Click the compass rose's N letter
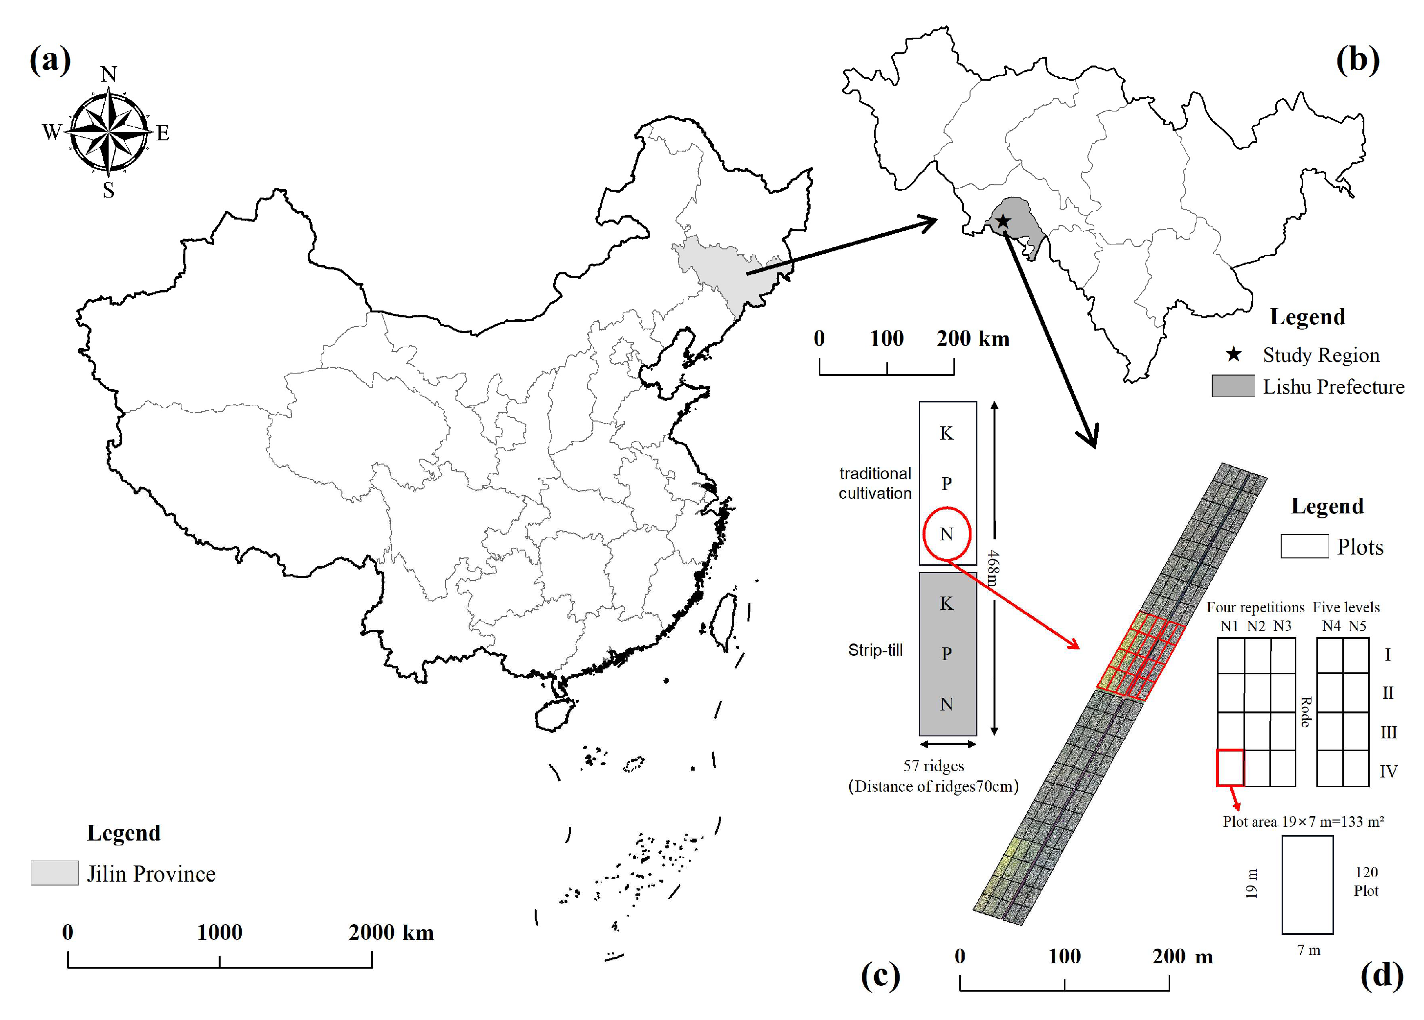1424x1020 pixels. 109,74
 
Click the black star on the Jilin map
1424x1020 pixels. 1003,221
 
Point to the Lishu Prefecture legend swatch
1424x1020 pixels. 1233,386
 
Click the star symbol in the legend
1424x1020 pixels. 1233,355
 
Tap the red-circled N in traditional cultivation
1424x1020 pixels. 946,534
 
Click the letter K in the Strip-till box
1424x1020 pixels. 946,604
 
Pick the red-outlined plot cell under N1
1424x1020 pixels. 1229,767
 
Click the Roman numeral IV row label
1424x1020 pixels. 1388,771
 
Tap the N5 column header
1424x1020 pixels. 1357,626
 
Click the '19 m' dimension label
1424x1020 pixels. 1251,883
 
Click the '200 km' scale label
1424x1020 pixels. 972,339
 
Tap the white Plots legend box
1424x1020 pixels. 1304,546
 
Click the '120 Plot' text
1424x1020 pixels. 1366,881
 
